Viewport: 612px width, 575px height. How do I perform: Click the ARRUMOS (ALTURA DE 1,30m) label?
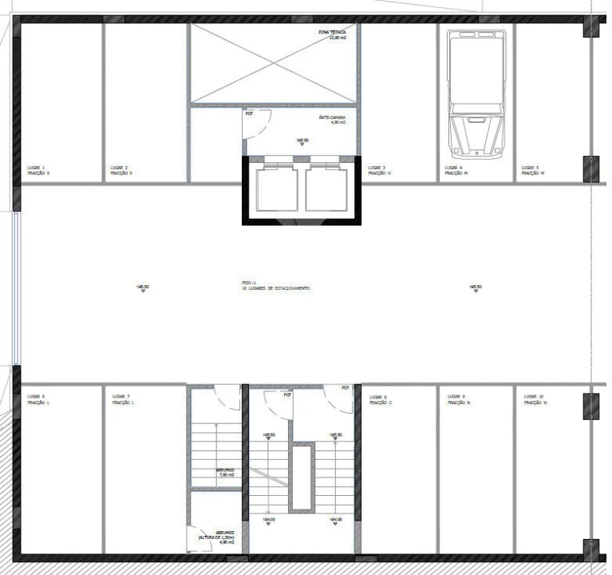(x=218, y=537)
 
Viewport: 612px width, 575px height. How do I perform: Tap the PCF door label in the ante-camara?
(x=249, y=113)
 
